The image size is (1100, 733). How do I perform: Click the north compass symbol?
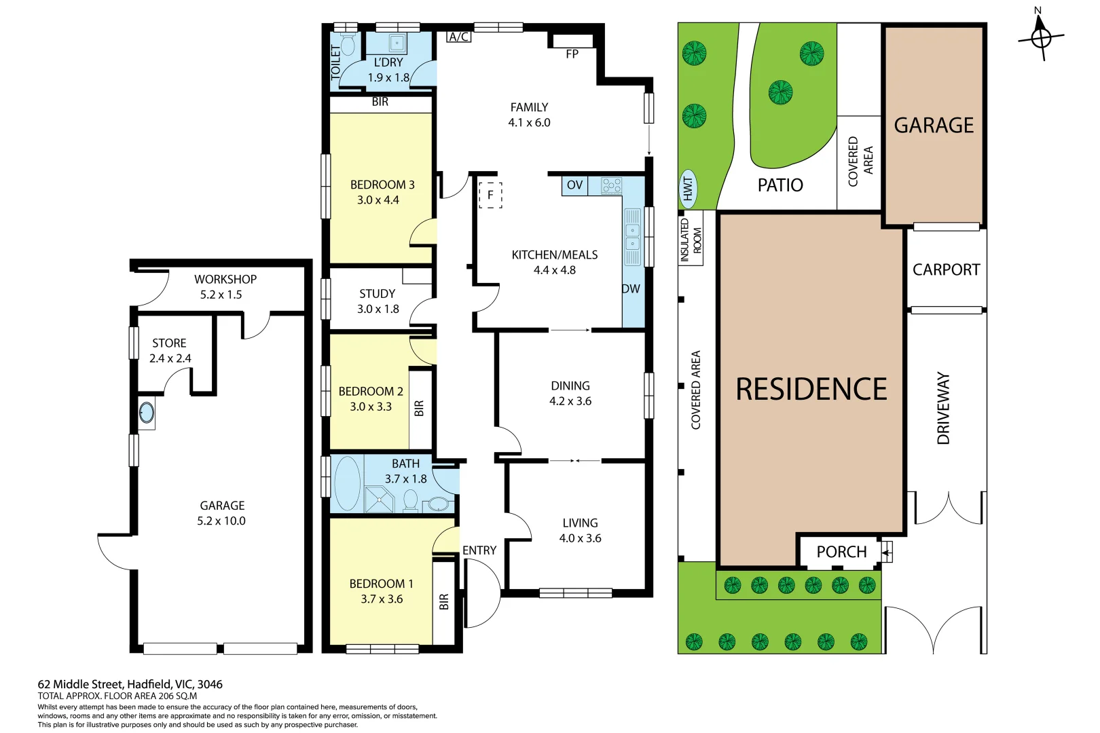point(1041,37)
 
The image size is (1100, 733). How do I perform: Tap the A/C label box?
point(459,37)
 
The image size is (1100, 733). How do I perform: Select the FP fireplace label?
point(572,54)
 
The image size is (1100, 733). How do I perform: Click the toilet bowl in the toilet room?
point(347,45)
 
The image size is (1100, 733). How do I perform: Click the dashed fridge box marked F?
point(490,195)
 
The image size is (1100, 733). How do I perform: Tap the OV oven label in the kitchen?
point(574,185)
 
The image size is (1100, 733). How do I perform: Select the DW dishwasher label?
point(631,288)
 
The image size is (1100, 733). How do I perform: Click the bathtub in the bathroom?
point(348,483)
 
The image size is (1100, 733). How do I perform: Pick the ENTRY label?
point(479,550)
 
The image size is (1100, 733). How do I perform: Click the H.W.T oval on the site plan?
point(688,189)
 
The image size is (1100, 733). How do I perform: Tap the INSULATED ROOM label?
point(691,240)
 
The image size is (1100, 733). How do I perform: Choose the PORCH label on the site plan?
point(841,552)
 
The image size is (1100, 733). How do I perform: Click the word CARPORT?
point(946,269)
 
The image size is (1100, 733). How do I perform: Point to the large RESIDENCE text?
point(811,390)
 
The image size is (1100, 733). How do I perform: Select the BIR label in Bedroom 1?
point(444,602)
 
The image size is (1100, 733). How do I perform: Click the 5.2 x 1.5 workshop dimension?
point(221,295)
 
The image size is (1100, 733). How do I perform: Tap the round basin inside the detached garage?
point(147,412)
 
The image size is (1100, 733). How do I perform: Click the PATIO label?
point(780,185)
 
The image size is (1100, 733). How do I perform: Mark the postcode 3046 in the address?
point(210,684)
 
